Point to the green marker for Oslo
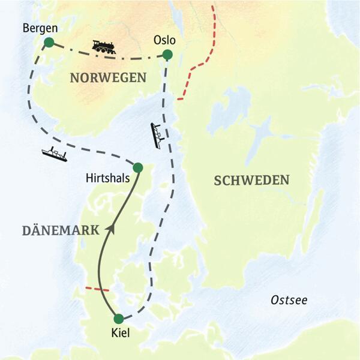pos(167,55)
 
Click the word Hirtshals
pos(107,178)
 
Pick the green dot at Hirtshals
pos(137,167)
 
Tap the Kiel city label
pos(119,332)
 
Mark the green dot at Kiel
pos(119,319)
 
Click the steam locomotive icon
pos(104,46)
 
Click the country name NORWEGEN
pos(108,77)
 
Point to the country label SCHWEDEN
pos(252,179)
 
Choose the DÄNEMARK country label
pos(52,230)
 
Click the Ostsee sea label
pos(288,300)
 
